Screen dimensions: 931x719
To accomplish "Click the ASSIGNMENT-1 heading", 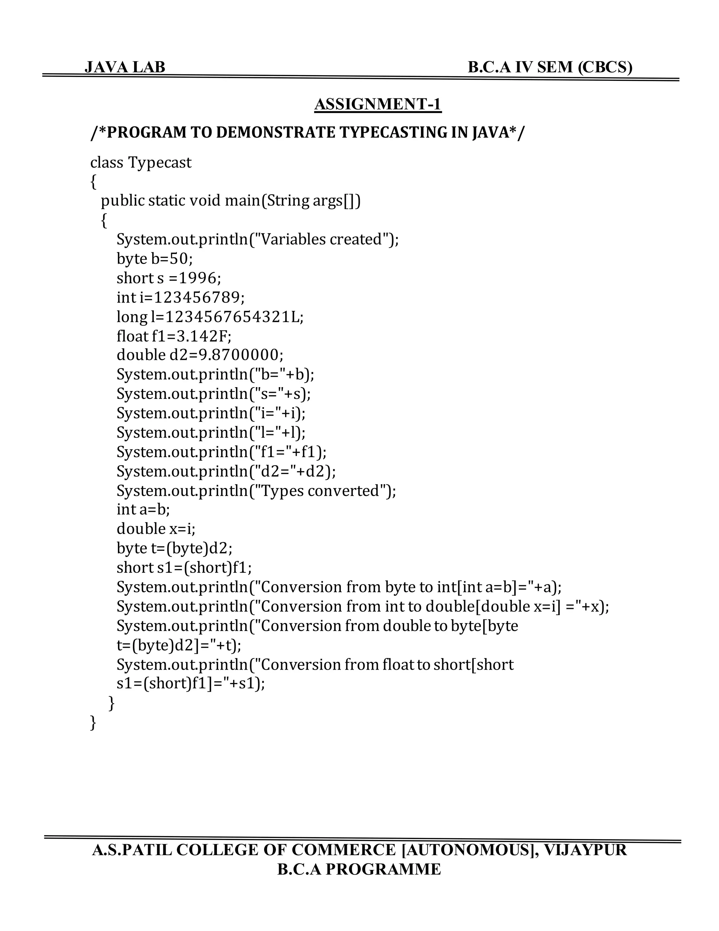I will [378, 104].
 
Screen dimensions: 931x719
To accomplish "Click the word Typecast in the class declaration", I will [160, 162].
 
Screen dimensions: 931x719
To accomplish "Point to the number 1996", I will [198, 278].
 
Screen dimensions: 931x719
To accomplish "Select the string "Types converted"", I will [322, 491].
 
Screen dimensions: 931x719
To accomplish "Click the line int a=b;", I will [143, 509].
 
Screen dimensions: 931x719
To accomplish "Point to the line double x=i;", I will [156, 529].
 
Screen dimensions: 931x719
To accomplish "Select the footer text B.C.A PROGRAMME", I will [359, 869].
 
